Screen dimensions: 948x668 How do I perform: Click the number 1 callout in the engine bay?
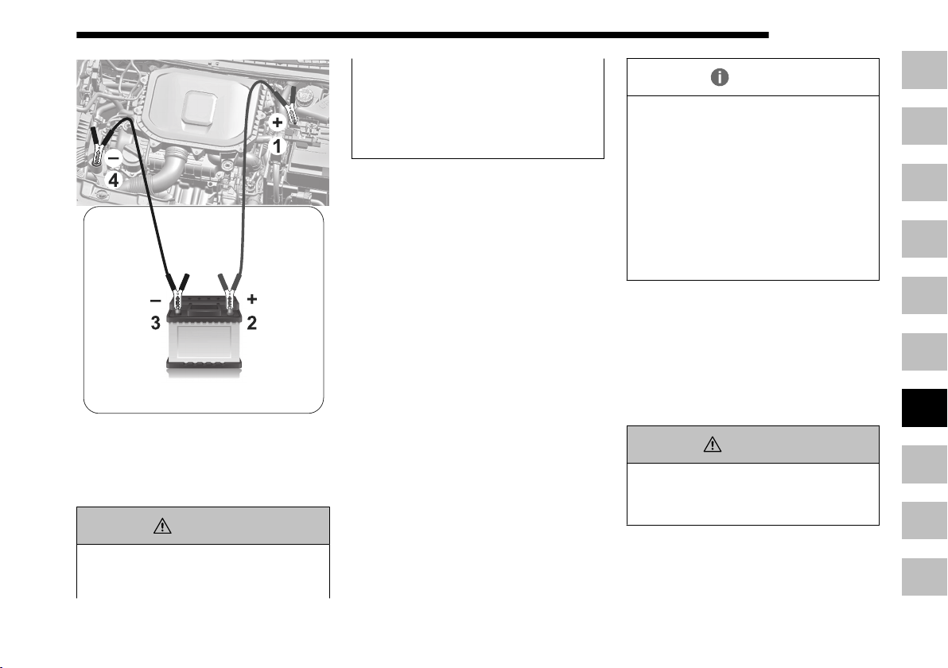(277, 146)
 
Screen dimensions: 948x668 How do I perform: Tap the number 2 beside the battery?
(251, 323)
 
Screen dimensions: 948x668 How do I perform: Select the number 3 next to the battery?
(155, 323)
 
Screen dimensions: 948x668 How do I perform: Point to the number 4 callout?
(114, 181)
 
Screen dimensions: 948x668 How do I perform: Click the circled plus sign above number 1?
(277, 122)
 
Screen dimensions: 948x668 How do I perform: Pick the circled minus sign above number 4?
(114, 157)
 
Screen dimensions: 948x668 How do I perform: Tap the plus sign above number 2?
(252, 299)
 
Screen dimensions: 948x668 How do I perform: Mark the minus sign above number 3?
(155, 300)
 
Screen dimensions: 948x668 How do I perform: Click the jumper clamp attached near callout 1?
(289, 107)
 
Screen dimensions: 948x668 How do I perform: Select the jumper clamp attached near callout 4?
(97, 148)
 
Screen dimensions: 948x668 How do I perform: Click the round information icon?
(720, 77)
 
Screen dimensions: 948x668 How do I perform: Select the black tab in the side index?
(924, 408)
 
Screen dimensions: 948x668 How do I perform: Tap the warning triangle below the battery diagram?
(162, 526)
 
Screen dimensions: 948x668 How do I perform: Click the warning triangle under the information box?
(713, 445)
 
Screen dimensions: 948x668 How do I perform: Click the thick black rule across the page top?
(422, 35)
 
